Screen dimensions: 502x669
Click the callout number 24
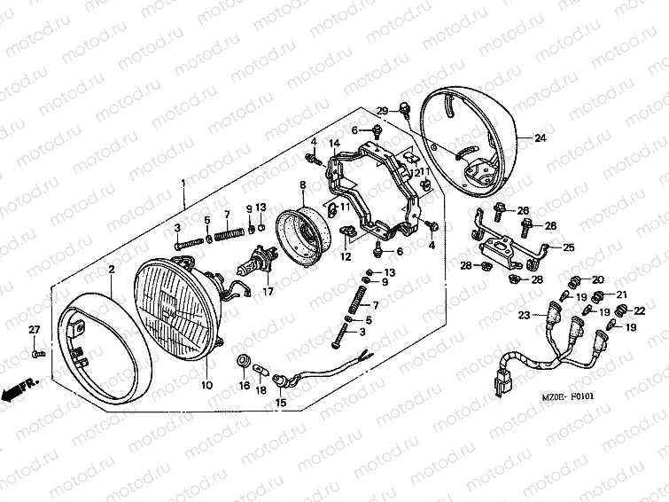541,138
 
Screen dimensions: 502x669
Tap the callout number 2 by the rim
112,268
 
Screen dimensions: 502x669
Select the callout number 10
206,385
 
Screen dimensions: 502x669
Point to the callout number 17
267,290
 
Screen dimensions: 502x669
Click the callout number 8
302,184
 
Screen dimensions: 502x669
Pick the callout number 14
335,144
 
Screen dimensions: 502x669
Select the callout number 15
282,403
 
